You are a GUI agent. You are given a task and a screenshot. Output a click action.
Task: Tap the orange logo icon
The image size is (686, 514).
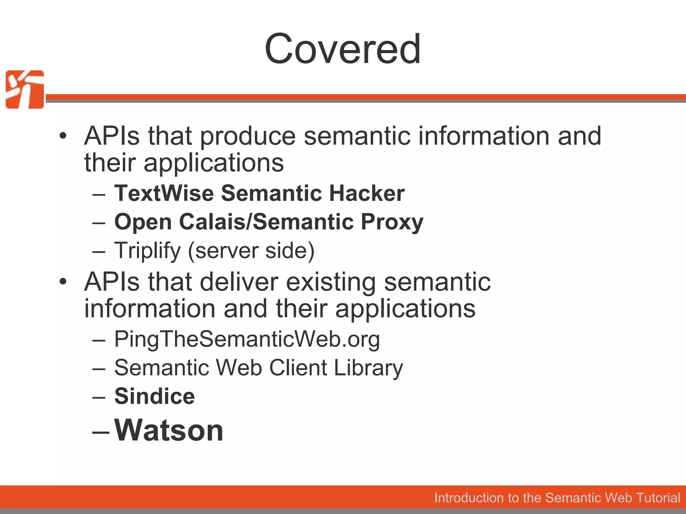25,89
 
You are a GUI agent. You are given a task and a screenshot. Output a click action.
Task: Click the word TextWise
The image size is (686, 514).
164,193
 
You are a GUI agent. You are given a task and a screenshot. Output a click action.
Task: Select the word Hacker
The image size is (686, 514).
367,193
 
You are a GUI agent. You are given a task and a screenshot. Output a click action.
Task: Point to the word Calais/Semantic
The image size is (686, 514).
266,222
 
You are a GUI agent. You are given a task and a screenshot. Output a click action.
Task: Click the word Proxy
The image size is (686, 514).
392,222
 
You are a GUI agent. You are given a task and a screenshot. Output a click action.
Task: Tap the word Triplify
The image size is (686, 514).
147,251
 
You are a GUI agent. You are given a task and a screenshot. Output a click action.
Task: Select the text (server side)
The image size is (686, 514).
251,251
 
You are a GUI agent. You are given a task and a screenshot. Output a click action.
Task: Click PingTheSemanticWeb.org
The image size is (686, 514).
247,339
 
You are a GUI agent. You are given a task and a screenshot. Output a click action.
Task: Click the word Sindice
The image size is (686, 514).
154,396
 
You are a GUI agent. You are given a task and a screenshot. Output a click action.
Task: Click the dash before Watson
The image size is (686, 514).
100,432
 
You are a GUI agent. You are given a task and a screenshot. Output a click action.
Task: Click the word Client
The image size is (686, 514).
298,368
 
